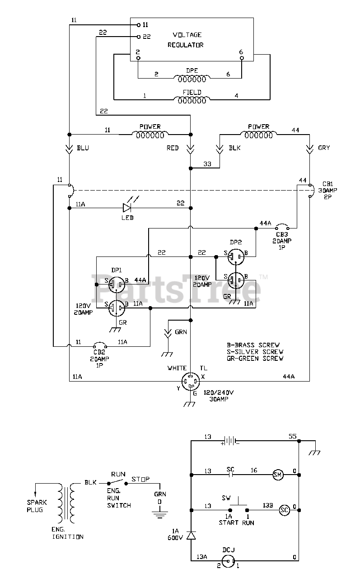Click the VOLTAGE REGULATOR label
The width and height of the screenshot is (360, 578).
186,40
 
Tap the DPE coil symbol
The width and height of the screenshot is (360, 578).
192,79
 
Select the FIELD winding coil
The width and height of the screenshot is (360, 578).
192,100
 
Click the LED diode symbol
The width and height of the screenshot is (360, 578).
127,208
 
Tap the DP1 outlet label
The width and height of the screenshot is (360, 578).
117,270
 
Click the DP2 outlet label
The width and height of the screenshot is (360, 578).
236,242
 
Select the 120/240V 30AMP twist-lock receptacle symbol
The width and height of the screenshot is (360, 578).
191,382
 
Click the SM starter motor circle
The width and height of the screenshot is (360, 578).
278,475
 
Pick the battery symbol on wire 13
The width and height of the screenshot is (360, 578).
229,441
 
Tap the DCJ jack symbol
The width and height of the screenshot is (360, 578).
229,561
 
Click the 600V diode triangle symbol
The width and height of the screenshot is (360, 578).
191,536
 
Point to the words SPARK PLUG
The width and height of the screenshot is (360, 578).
37,506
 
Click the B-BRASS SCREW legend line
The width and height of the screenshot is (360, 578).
253,345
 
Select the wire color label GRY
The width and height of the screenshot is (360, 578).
324,148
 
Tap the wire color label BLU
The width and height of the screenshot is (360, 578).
83,148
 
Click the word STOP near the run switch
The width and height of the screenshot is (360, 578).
140,479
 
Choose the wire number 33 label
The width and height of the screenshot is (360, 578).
207,164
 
